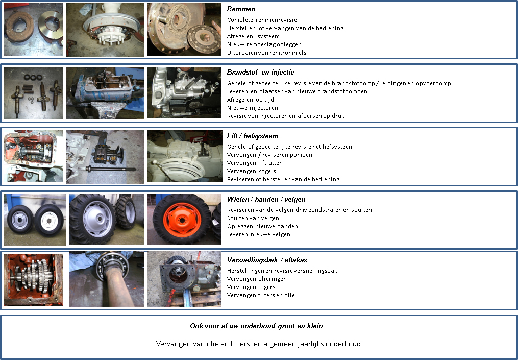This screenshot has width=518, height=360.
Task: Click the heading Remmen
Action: [241, 9]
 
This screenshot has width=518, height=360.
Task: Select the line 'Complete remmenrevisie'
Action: [262, 20]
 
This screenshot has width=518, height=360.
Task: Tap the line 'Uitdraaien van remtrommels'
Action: [266, 53]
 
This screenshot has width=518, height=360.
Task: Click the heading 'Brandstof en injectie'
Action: [260, 72]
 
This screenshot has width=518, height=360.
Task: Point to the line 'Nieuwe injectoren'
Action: [253, 108]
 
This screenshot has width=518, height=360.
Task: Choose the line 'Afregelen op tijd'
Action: [251, 100]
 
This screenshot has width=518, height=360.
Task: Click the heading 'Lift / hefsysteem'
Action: [253, 136]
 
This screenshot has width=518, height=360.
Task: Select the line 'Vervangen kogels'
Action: [252, 171]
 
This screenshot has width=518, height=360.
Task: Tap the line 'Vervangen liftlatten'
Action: [255, 163]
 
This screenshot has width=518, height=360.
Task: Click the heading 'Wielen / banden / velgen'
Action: [266, 199]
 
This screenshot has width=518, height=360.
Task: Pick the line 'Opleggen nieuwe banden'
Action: [262, 226]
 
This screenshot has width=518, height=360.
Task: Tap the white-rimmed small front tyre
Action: [49, 220]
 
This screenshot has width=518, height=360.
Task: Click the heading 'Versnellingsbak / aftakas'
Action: [267, 260]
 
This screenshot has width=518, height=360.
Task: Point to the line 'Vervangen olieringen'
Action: [257, 279]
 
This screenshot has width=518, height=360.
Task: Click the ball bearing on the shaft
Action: [113, 265]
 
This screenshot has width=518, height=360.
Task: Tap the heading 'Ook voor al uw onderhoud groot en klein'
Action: [256, 326]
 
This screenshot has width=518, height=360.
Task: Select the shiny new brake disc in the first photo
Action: [51, 25]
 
